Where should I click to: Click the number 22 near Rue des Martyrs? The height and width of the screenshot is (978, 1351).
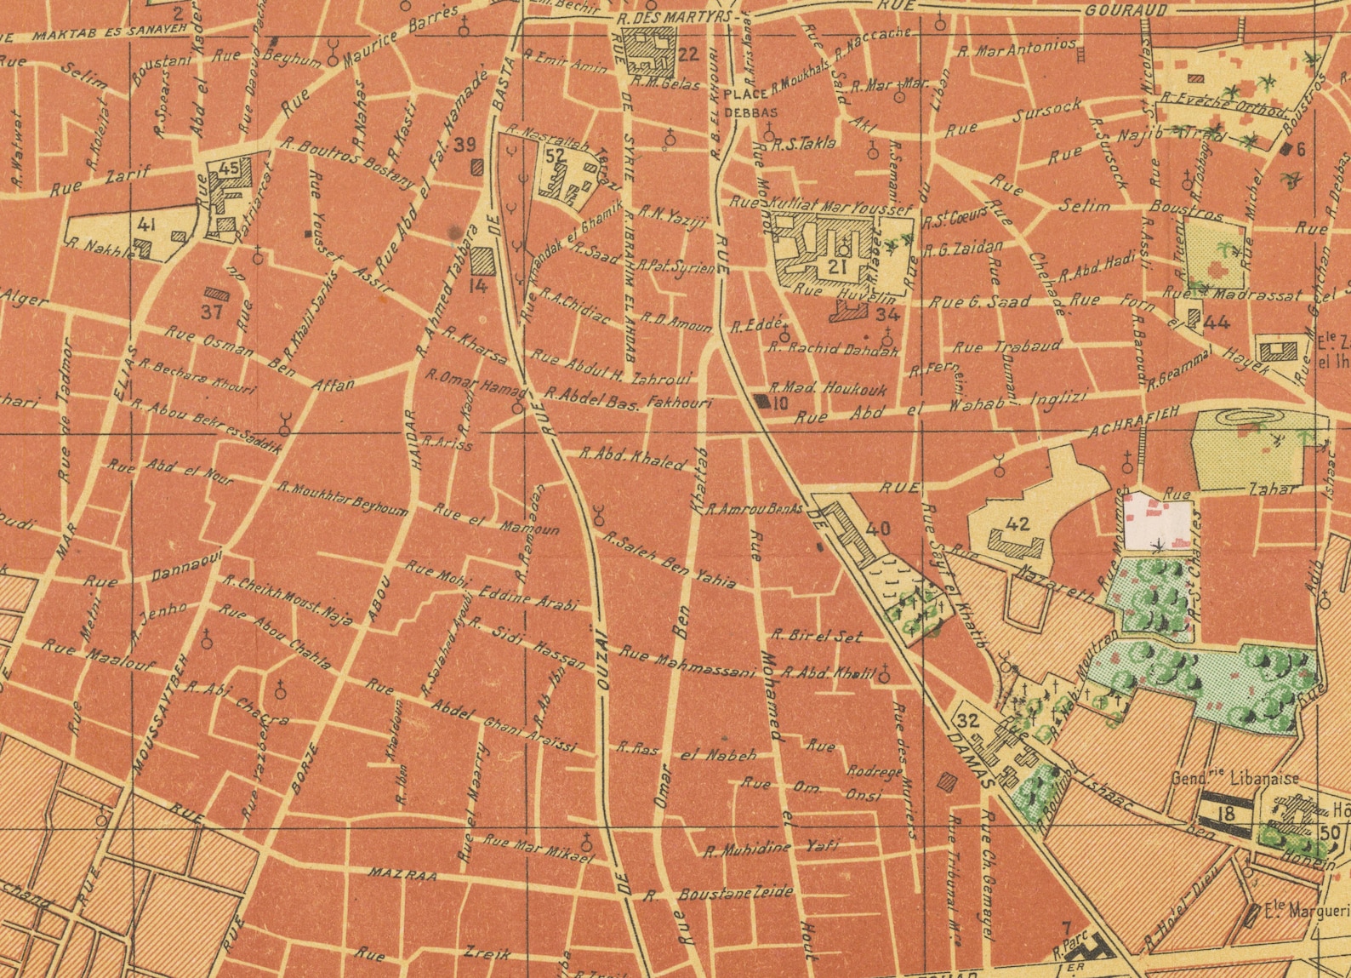click(x=687, y=55)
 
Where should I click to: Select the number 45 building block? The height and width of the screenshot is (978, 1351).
click(x=228, y=169)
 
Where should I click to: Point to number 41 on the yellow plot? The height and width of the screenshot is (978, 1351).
click(x=145, y=226)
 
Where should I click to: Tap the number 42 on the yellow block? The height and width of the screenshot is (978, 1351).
click(x=1017, y=524)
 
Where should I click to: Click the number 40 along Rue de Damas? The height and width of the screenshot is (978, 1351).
click(x=876, y=529)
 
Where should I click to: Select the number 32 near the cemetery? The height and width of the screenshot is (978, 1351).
click(x=967, y=721)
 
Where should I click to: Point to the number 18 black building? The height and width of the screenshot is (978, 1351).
click(x=1226, y=813)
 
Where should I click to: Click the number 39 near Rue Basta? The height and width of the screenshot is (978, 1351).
click(x=465, y=145)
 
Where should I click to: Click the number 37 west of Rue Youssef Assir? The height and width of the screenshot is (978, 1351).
click(x=211, y=312)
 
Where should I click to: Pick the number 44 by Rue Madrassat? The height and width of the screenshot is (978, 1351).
click(x=1217, y=323)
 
